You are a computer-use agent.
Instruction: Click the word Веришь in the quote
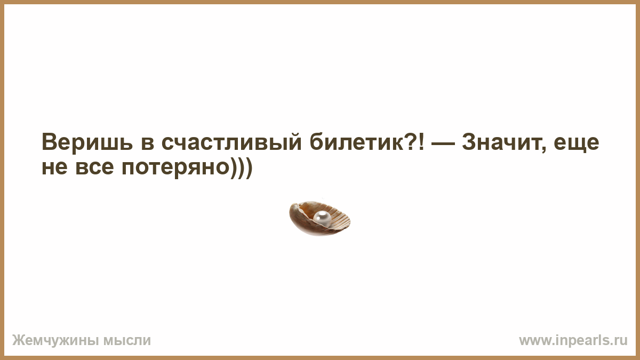click(87, 142)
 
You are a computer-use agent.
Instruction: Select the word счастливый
click(231, 142)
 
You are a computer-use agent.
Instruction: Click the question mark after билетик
click(409, 141)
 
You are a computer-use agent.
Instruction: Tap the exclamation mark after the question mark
click(421, 141)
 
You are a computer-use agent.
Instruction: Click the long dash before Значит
click(443, 144)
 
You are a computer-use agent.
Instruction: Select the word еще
click(577, 143)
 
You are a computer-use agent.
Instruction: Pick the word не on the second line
click(54, 167)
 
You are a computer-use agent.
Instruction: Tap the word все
click(94, 167)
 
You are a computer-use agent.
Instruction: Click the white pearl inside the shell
click(322, 219)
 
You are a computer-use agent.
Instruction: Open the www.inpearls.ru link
click(573, 341)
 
